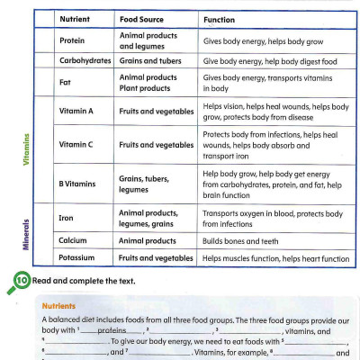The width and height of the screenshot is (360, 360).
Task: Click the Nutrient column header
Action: click(x=76, y=18)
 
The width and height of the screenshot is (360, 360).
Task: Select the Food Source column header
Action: click(x=143, y=18)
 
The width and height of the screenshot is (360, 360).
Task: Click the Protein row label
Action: click(x=72, y=41)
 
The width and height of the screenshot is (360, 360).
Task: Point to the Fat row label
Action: click(x=65, y=84)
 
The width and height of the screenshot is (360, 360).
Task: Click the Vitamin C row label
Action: click(x=77, y=145)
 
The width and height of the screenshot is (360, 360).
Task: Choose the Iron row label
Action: click(x=67, y=218)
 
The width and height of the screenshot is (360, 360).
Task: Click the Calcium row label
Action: click(x=73, y=240)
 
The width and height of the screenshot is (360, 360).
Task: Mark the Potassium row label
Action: click(x=78, y=259)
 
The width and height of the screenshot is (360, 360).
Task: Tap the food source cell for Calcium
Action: click(x=154, y=240)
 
